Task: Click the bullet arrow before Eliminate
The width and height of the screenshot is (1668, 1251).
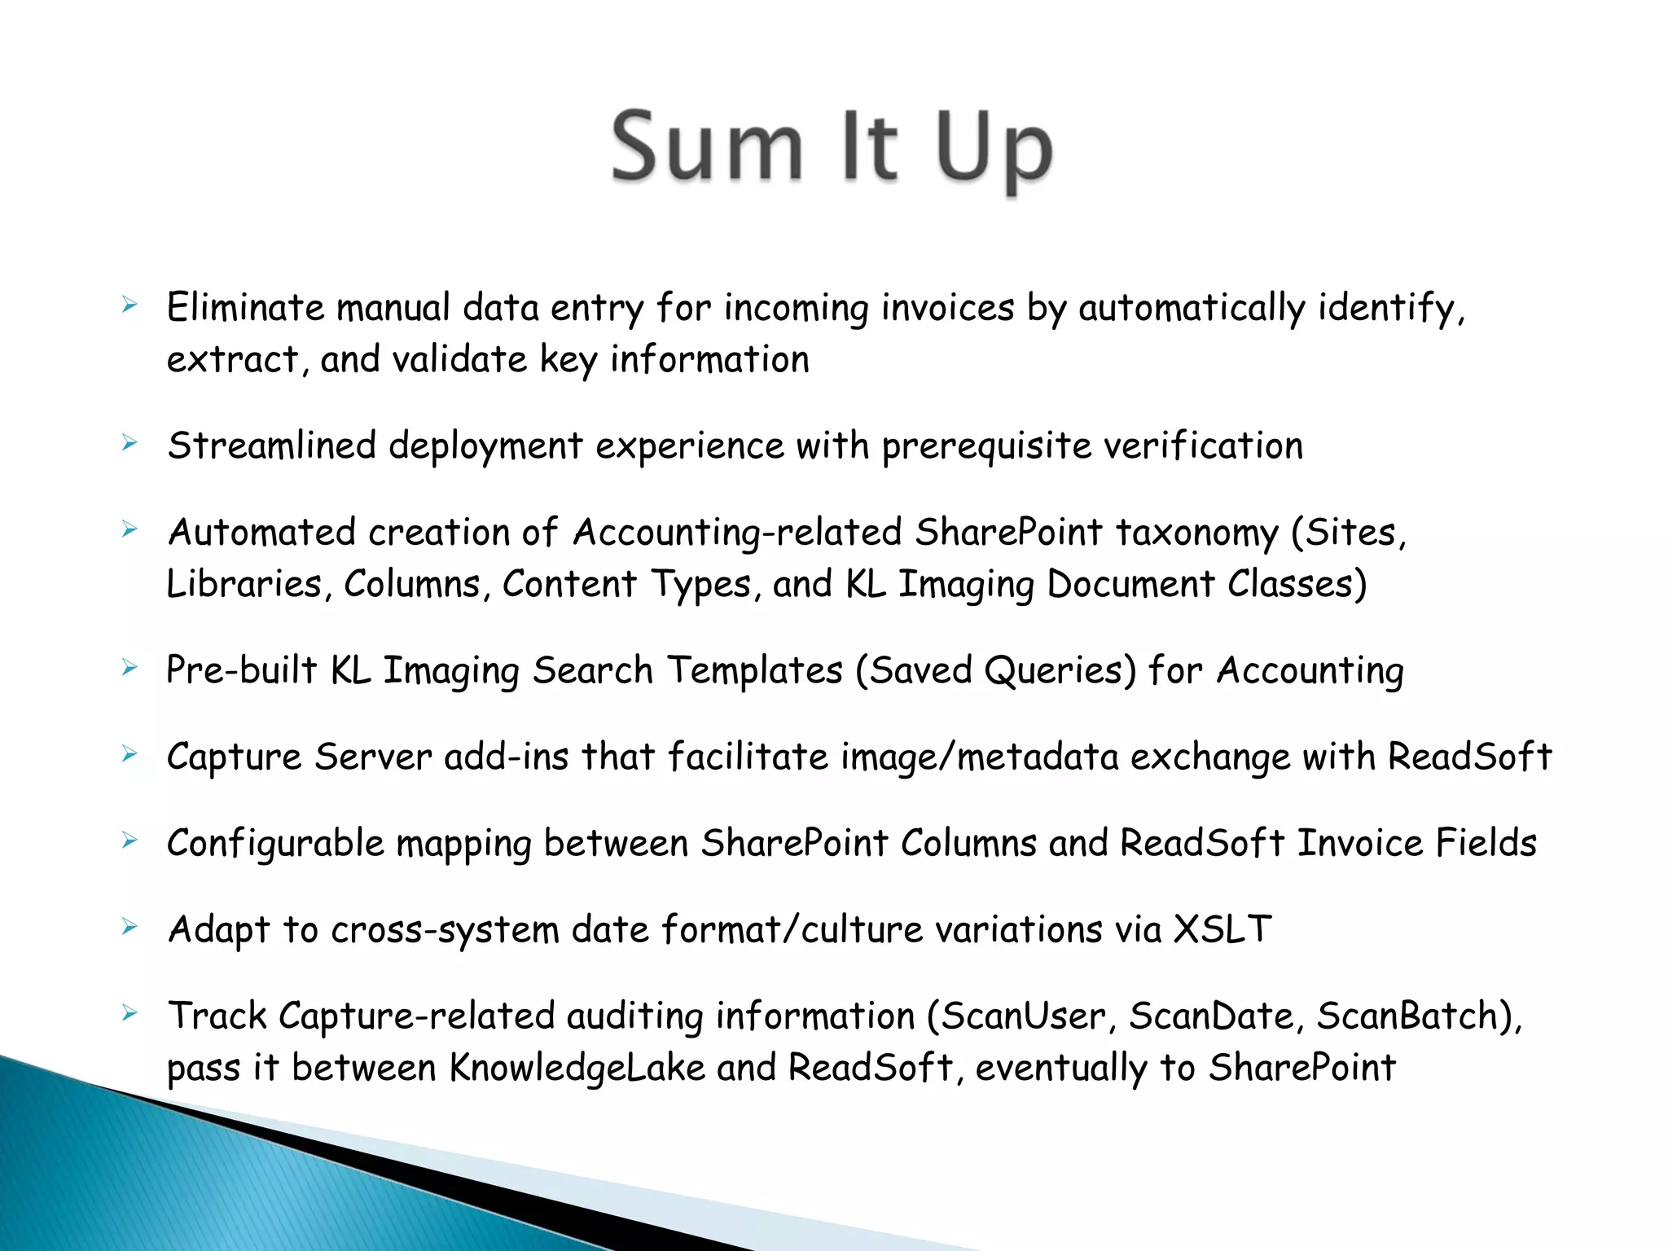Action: (129, 306)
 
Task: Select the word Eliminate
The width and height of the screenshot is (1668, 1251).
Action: (246, 308)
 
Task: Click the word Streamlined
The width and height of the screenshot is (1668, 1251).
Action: (272, 446)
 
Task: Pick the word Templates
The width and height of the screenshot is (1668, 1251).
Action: (755, 671)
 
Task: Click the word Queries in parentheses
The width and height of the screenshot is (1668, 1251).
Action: (1060, 671)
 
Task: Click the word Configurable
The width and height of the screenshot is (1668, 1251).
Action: (275, 844)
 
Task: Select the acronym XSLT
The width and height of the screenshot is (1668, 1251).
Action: (1222, 929)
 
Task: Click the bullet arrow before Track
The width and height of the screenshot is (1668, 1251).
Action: (129, 1014)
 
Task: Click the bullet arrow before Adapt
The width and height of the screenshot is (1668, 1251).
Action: (129, 927)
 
